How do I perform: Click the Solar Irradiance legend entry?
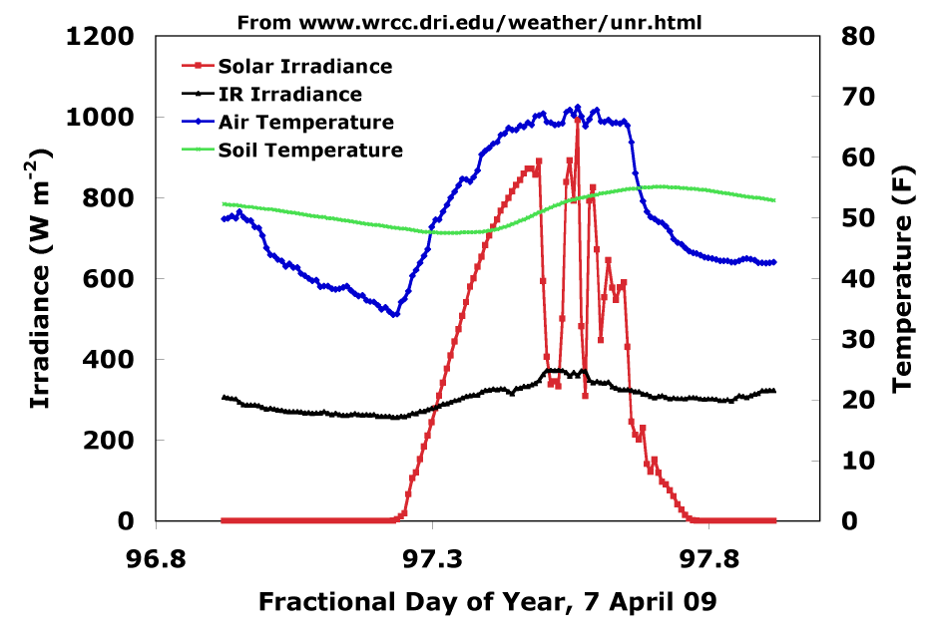(x=286, y=66)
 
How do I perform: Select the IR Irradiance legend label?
(x=289, y=94)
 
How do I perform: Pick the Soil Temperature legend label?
(x=310, y=150)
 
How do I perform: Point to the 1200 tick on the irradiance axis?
(x=100, y=37)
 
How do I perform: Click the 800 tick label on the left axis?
(x=108, y=197)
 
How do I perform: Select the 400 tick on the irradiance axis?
(x=108, y=360)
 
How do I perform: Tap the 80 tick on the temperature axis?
(x=858, y=37)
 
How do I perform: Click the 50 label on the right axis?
(x=858, y=218)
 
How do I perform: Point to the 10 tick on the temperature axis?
(x=858, y=461)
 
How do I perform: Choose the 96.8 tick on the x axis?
(x=156, y=559)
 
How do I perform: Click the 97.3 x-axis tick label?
(x=433, y=559)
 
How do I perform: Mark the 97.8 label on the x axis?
(x=708, y=559)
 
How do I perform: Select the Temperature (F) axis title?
(x=903, y=279)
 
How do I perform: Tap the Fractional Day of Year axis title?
(x=488, y=602)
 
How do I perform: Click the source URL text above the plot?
(x=470, y=23)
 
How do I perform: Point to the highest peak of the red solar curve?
(x=577, y=120)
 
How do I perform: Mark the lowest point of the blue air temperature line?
(x=395, y=314)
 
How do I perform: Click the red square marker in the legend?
(x=198, y=66)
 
